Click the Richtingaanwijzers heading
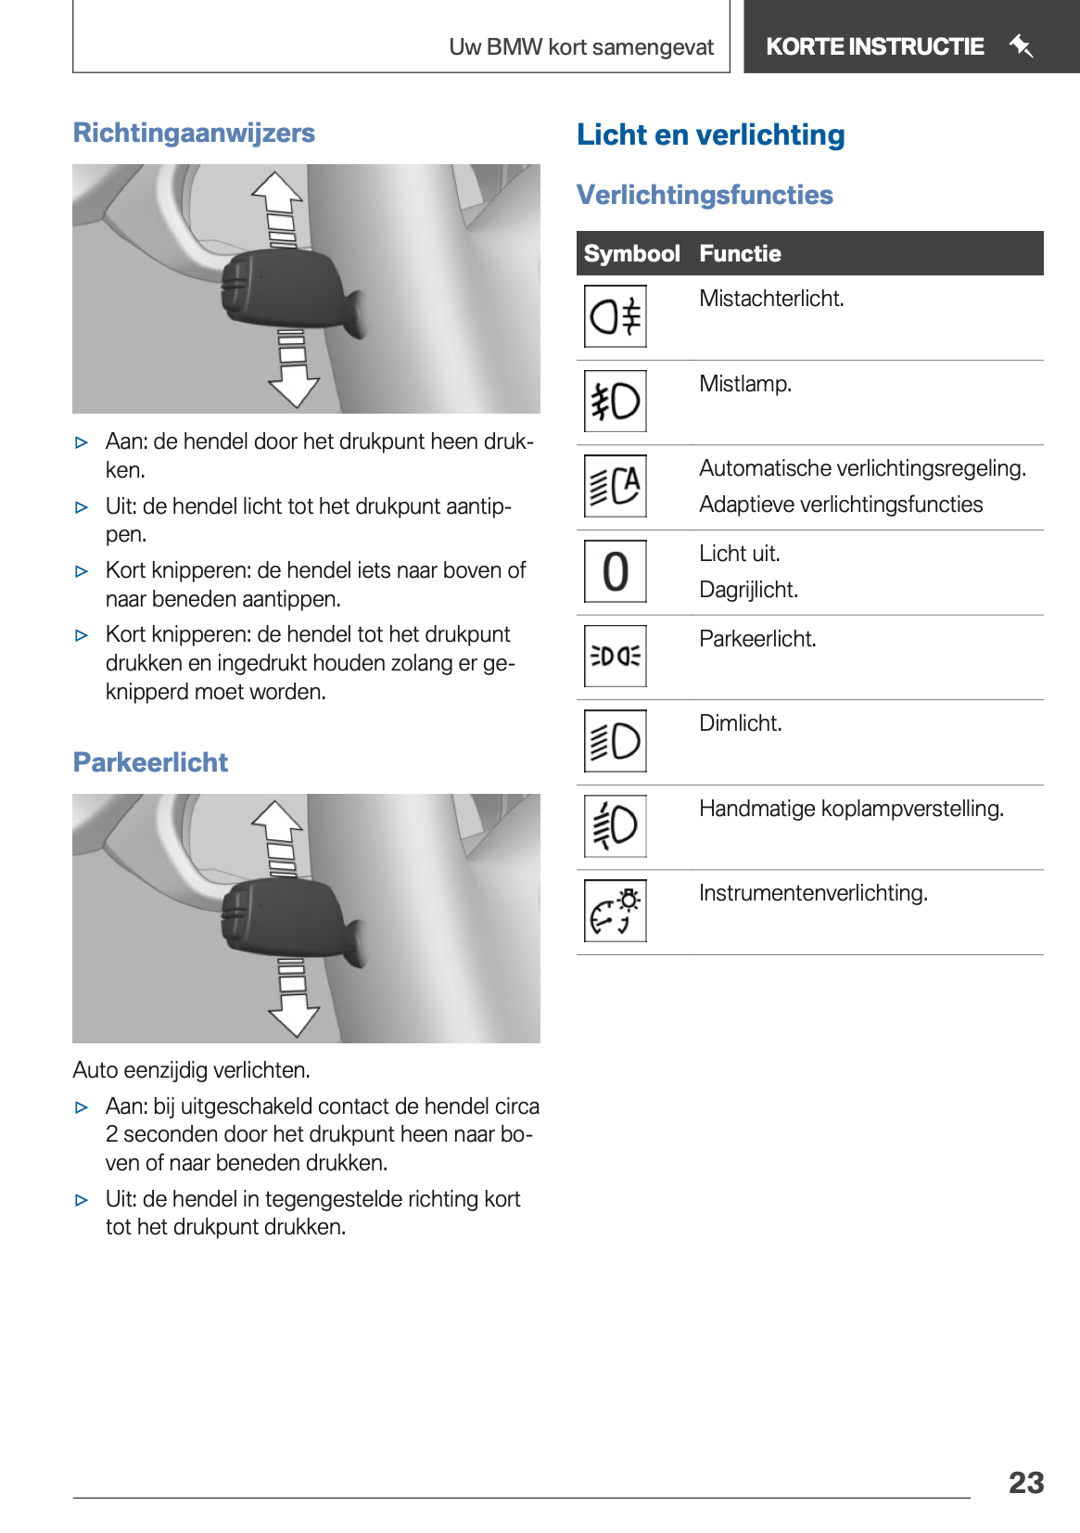click(x=194, y=134)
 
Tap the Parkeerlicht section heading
click(x=150, y=762)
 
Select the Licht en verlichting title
click(x=710, y=135)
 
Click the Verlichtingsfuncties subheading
click(x=705, y=195)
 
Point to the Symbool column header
click(x=631, y=254)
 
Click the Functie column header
click(x=740, y=254)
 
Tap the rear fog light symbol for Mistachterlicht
click(x=616, y=317)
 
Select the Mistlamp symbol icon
click(x=616, y=402)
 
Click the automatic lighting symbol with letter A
click(x=616, y=486)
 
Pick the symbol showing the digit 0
click(x=616, y=571)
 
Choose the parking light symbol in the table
click(x=616, y=657)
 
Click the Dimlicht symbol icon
click(x=616, y=741)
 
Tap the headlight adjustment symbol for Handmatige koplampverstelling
click(x=616, y=825)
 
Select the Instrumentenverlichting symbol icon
click(x=616, y=911)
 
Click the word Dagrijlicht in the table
click(x=748, y=590)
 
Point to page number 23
click(x=1025, y=1483)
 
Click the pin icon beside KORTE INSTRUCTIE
click(x=1021, y=45)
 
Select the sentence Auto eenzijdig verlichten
click(x=191, y=1070)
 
